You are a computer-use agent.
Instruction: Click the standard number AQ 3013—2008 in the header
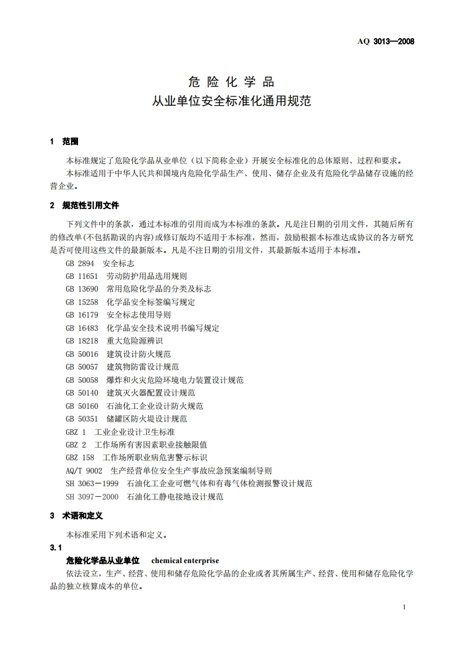pyautogui.click(x=387, y=42)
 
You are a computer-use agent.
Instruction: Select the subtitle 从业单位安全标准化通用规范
pyautogui.click(x=231, y=101)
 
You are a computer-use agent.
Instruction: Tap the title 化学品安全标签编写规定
pyautogui.click(x=151, y=302)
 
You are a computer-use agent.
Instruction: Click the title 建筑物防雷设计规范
pyautogui.click(x=143, y=367)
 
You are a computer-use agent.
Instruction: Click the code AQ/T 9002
pyautogui.click(x=84, y=471)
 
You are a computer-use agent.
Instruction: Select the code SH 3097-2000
pyautogui.click(x=92, y=497)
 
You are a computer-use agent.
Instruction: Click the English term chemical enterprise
pyautogui.click(x=185, y=561)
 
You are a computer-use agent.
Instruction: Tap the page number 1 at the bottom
pyautogui.click(x=404, y=608)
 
